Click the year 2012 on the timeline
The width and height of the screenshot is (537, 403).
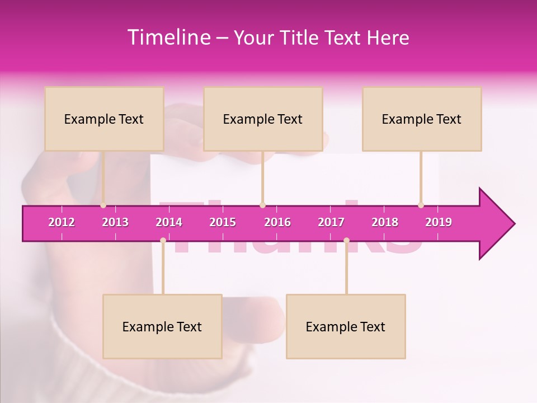tap(62, 222)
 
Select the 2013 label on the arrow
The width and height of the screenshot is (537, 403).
tap(115, 222)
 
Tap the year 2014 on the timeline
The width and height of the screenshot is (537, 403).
tap(169, 222)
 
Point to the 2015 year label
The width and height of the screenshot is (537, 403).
tap(223, 222)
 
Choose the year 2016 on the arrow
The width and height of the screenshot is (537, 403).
tap(277, 222)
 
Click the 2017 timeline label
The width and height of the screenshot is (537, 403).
tap(331, 222)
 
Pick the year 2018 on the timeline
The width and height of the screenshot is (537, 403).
tap(385, 222)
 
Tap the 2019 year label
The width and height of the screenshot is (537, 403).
tap(439, 222)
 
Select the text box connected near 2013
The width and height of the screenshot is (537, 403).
tap(104, 119)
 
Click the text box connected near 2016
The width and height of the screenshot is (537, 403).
tap(263, 119)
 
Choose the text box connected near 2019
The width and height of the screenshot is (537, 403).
tap(422, 119)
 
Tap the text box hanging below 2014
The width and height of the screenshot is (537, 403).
tap(162, 326)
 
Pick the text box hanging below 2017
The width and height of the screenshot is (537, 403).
tap(346, 326)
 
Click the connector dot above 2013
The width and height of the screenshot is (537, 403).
tap(103, 205)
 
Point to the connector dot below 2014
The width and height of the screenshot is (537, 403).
tap(163, 240)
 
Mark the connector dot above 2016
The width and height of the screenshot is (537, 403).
tap(262, 205)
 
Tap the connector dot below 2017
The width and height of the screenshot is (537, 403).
tap(346, 240)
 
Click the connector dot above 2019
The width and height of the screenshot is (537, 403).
tap(421, 205)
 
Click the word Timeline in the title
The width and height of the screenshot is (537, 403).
tap(169, 38)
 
